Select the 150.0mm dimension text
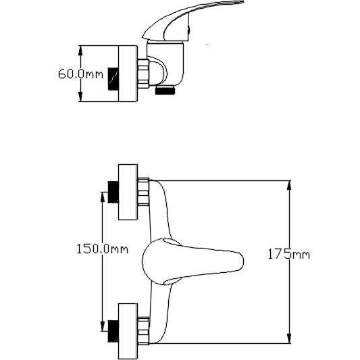point(101,249)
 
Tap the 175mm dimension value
point(288,255)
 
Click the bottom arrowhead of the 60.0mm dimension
point(81,100)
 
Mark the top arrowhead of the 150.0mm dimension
point(102,195)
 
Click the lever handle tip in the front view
point(236,261)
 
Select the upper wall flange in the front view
point(128,192)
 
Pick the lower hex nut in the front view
point(143,328)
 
